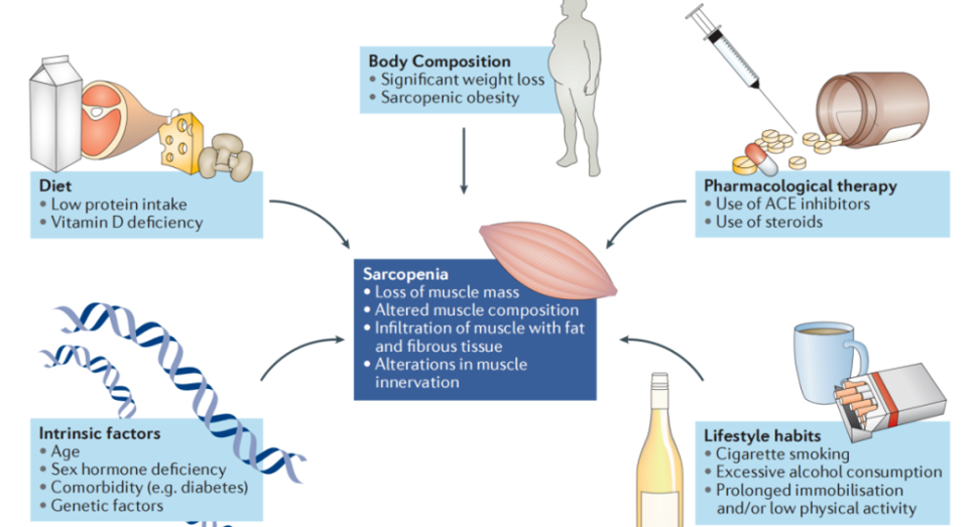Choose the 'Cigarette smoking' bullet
point(782,454)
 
